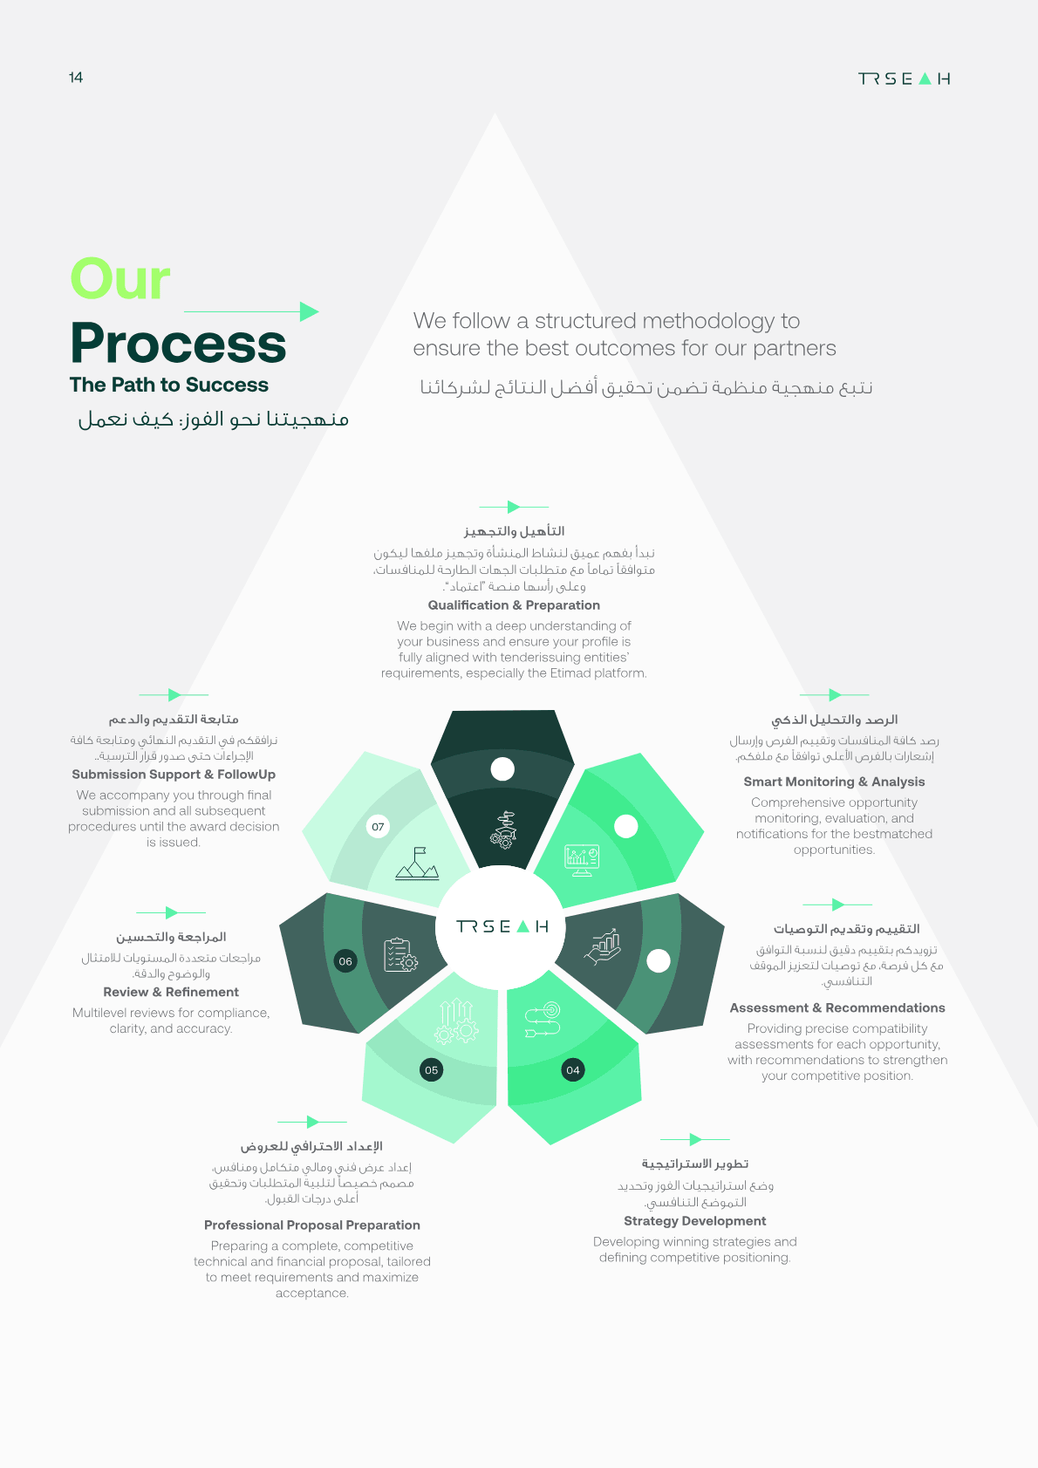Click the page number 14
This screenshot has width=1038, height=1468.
coord(76,78)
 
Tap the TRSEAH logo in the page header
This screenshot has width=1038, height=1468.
coord(904,79)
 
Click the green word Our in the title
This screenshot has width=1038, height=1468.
coord(120,278)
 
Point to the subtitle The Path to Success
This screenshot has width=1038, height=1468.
coord(169,385)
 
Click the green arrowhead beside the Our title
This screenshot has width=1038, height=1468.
coord(309,311)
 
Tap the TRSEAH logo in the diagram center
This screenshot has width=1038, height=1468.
coord(502,926)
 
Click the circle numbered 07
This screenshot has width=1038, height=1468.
coord(378,826)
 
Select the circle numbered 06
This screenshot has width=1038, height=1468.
coord(345,961)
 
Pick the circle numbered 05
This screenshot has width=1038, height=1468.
coord(431,1070)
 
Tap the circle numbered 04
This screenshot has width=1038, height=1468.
coord(573,1070)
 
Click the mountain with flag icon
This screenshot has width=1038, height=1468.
coord(418,864)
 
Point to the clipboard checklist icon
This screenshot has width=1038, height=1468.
coord(400,955)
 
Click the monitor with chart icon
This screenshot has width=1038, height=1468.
coord(582,860)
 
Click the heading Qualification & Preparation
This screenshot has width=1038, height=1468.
coord(514,604)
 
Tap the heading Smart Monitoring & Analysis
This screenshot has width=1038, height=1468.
coord(834,782)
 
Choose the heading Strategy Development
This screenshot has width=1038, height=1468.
coord(694,1220)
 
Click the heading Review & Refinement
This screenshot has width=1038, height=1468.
coord(171,992)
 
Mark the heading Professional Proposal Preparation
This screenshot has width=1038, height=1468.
coord(312,1225)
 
